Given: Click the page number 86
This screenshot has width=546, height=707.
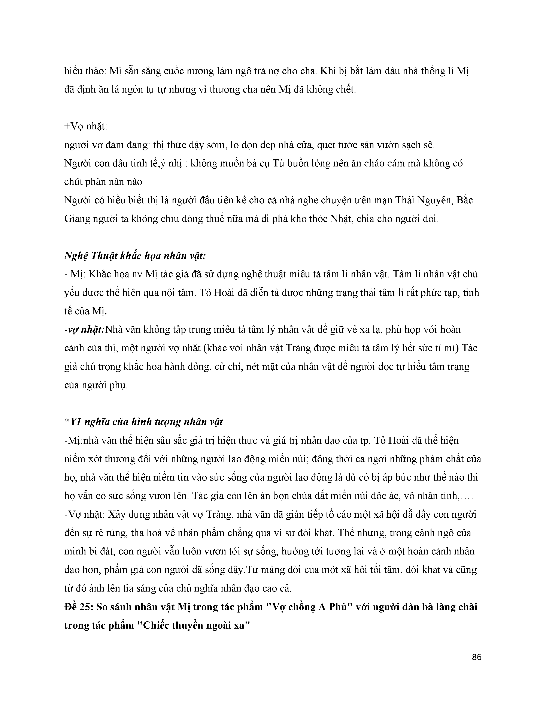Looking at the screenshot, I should point(477,657).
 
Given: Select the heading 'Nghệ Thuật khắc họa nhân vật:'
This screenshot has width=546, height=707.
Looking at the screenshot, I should point(135,256).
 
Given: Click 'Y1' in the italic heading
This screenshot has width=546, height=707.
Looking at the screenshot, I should point(76,422).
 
